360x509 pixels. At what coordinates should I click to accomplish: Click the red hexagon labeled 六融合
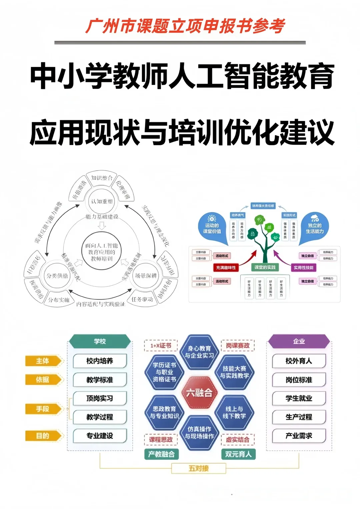click(199, 393)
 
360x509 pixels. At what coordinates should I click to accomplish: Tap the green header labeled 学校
click(100, 341)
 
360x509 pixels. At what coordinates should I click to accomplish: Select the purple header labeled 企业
click(299, 341)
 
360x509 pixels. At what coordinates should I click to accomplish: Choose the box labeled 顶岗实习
click(100, 398)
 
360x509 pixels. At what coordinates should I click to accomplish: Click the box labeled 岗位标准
click(299, 380)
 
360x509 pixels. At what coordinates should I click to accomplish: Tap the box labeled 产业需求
click(299, 436)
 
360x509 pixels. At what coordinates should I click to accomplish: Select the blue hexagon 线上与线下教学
click(234, 412)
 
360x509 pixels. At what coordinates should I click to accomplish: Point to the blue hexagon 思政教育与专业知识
click(164, 412)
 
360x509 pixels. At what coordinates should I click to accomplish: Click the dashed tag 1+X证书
click(161, 346)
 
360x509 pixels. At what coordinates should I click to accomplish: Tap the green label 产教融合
click(161, 454)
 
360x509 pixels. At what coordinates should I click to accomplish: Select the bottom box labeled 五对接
click(199, 468)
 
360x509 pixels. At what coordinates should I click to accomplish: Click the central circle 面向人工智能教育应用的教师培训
click(102, 252)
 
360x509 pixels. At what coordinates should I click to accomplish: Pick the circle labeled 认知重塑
click(102, 202)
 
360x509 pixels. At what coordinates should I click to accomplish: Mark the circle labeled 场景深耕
click(146, 276)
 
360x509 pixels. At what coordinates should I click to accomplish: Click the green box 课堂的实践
click(265, 267)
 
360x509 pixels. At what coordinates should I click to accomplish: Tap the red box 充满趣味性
click(226, 267)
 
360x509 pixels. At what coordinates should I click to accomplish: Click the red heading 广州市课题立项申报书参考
click(185, 26)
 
